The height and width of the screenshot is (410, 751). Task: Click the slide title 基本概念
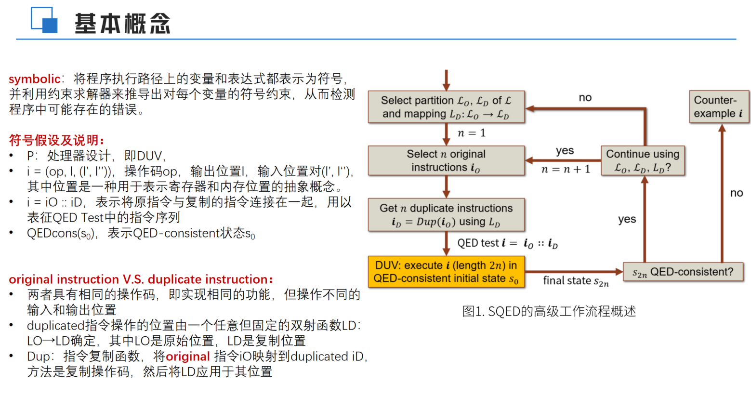tap(122, 23)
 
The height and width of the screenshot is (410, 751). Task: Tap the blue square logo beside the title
tap(44, 20)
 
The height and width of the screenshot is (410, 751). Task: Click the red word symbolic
tap(34, 79)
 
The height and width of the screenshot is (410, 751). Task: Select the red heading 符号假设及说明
tap(56, 140)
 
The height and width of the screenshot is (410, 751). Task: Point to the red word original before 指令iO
tap(187, 357)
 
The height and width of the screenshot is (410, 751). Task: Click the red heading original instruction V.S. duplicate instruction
tap(141, 279)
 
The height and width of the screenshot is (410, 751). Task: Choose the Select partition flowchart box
tap(446, 107)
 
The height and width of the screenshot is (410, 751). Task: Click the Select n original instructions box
tap(446, 160)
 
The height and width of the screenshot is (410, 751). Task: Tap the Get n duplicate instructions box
tap(446, 215)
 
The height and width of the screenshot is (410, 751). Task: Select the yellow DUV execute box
tap(446, 272)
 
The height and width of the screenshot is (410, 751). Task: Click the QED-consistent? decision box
tap(683, 272)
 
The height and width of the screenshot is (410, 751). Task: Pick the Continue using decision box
tap(643, 160)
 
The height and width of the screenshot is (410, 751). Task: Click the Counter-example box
tap(719, 106)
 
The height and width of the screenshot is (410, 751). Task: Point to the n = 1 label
tap(472, 133)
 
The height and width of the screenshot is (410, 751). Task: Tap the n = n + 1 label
tap(566, 169)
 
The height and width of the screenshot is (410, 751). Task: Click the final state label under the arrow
tap(576, 281)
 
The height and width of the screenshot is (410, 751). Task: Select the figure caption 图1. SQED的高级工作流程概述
tap(549, 311)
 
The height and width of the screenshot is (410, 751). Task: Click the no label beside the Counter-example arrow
tap(736, 193)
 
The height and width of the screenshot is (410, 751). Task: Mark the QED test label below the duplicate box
tap(507, 243)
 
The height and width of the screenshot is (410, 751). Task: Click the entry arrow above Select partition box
tap(447, 79)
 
